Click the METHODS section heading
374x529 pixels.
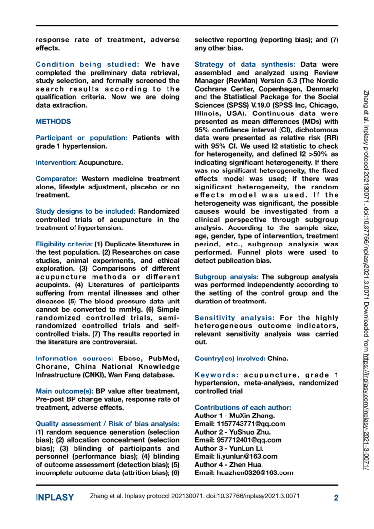point(53,121)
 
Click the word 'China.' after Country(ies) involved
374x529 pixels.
point(278,359)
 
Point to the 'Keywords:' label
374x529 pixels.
point(216,375)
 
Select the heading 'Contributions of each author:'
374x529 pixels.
point(243,407)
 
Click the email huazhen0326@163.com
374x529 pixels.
point(243,473)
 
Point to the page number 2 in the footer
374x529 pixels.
point(336,497)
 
